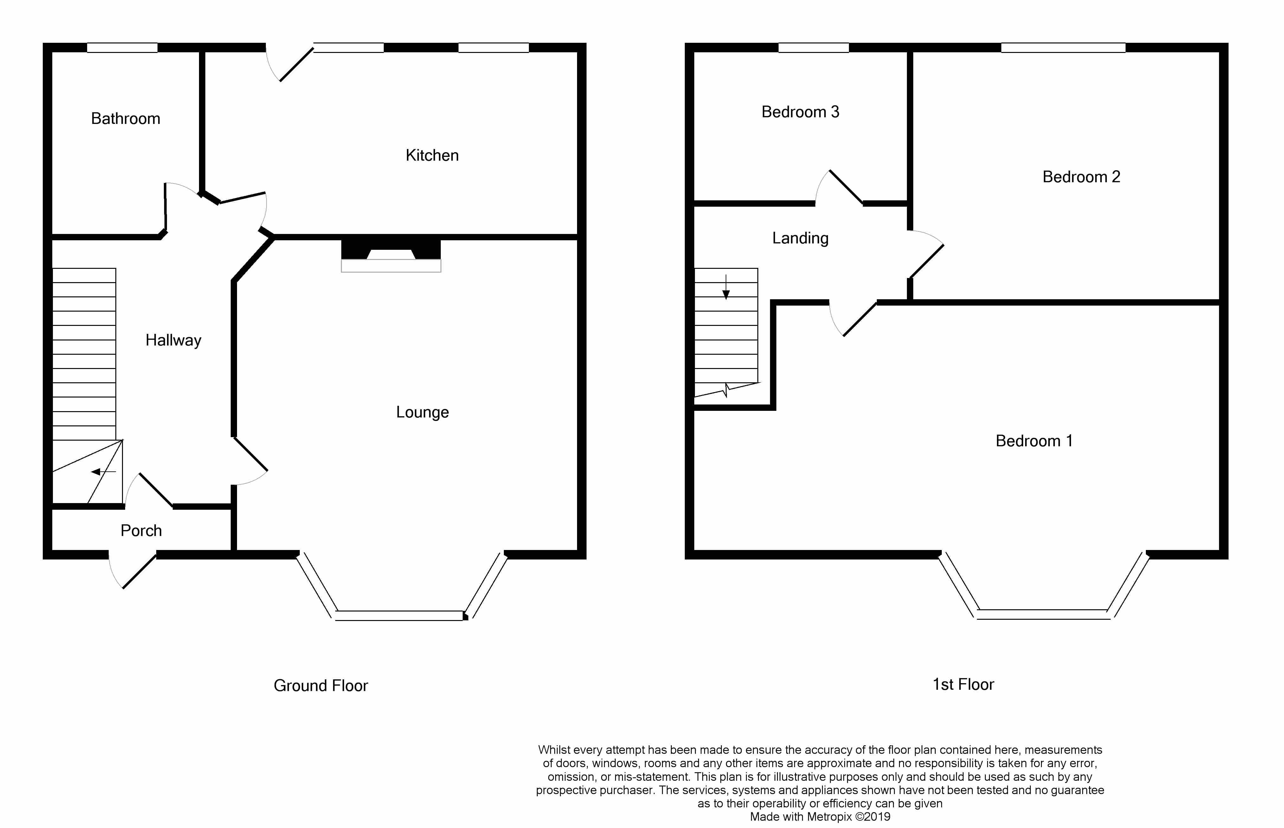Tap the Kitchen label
coord(432,155)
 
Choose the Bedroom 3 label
coord(800,112)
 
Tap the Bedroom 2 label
coord(1082,177)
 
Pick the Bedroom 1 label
coord(1034,441)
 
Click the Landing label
coord(800,238)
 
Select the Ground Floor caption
coord(321,686)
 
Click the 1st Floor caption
coord(963,684)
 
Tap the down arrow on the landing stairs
coord(726,287)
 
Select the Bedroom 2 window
coord(1063,48)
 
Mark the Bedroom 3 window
coord(814,48)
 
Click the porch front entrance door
coord(132,570)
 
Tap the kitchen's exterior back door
coord(289,63)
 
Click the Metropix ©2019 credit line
coord(820,817)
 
